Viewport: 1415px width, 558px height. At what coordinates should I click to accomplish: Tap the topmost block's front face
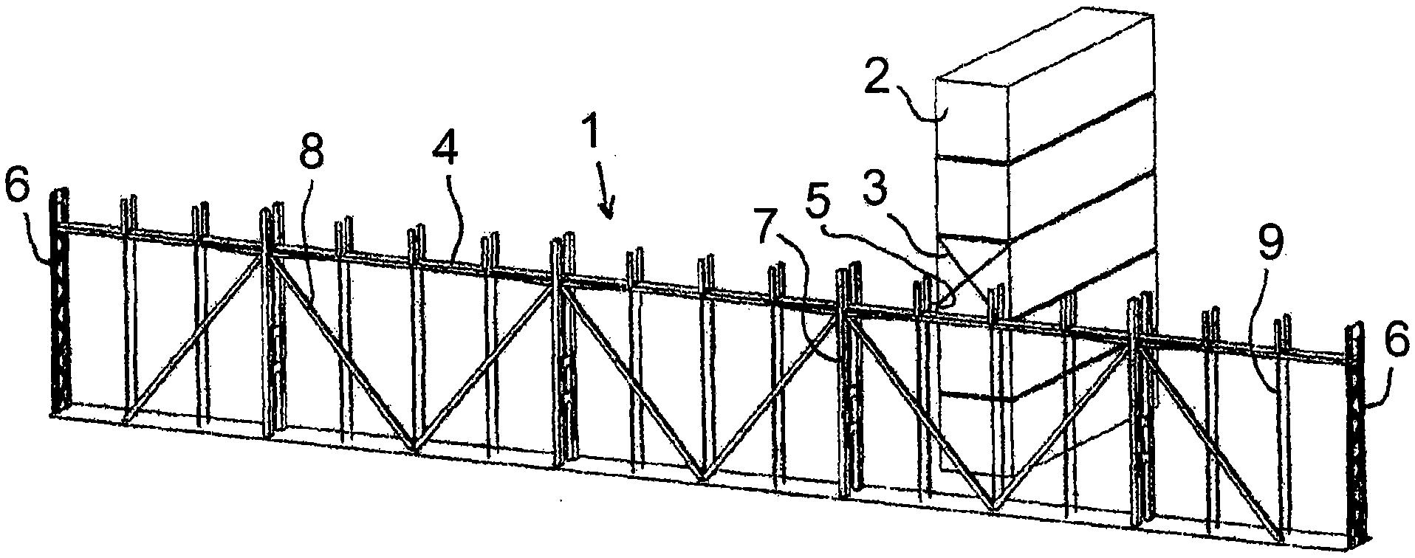pyautogui.click(x=971, y=118)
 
